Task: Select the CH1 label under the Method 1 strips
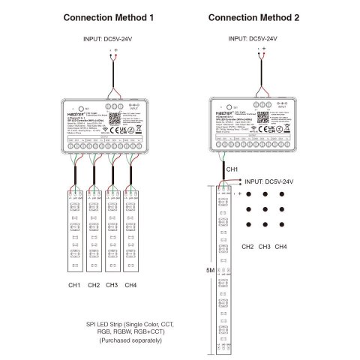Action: tap(76, 285)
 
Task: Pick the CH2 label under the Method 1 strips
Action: tap(94, 285)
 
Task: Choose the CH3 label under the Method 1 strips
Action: tap(112, 285)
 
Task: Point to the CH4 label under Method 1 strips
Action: tap(130, 285)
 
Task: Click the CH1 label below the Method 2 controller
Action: tap(232, 170)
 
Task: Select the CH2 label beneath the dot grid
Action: tap(247, 246)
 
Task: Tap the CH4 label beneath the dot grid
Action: tap(280, 246)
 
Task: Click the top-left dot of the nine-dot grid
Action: tap(248, 193)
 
